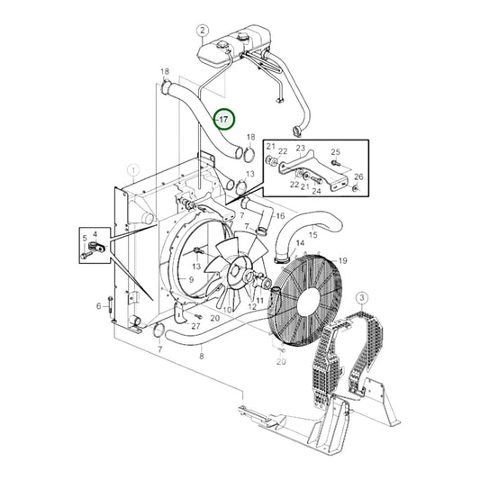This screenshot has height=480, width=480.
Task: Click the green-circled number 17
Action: (x=223, y=119)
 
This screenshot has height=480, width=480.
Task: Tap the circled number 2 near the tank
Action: (x=203, y=32)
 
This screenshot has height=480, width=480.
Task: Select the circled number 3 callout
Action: (x=360, y=298)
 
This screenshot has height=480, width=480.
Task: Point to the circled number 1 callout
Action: (x=133, y=168)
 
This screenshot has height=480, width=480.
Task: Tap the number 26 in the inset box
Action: (x=358, y=177)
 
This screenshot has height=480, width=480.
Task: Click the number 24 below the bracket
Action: (x=316, y=191)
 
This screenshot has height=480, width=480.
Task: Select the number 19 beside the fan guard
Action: (x=342, y=260)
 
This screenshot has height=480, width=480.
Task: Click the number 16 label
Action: (x=280, y=216)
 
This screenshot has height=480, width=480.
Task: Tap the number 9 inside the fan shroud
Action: (x=191, y=280)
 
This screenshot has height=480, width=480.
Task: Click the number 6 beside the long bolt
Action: (x=99, y=306)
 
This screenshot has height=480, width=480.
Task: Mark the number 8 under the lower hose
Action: (x=202, y=357)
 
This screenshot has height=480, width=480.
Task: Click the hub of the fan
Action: (x=237, y=267)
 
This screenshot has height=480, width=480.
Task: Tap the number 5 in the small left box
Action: (x=85, y=240)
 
